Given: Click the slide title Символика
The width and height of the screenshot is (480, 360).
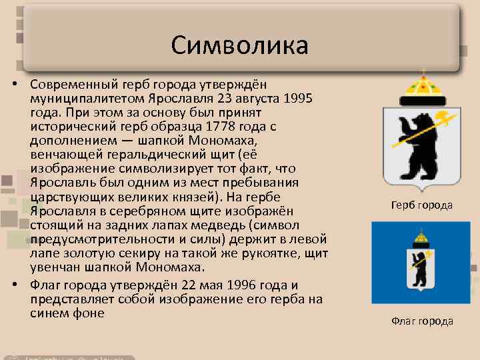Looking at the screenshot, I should click(239, 45).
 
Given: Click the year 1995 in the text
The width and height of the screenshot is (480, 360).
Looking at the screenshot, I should click(299, 99).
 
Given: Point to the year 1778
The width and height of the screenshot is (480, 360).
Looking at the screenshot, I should click(224, 127).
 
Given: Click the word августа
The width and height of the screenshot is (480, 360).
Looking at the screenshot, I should click(255, 99).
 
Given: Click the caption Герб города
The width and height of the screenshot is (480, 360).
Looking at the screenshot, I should click(421, 205).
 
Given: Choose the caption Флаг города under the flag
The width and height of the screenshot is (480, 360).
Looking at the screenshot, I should click(421, 321).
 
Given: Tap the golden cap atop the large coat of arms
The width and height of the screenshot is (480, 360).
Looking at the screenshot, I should click(421, 86).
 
